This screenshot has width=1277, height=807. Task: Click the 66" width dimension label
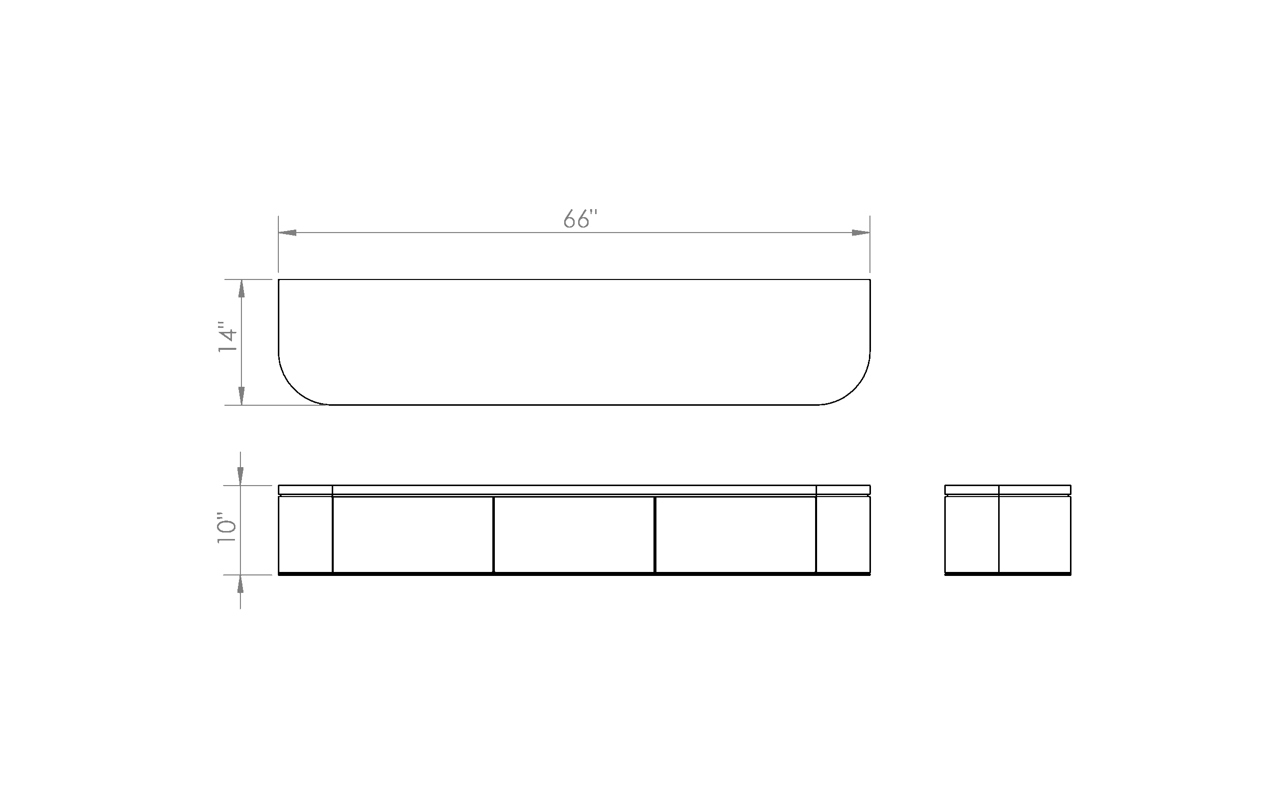[580, 219]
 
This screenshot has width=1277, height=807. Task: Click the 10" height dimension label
[226, 528]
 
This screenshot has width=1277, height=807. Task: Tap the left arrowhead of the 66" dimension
[287, 233]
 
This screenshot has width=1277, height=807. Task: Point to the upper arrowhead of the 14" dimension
[242, 288]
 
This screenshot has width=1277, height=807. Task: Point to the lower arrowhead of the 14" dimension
[242, 396]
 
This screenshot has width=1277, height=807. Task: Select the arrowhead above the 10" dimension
[240, 476]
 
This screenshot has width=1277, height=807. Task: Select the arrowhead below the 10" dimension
[240, 584]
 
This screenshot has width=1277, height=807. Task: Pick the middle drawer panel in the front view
[574, 535]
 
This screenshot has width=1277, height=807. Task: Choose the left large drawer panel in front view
[413, 535]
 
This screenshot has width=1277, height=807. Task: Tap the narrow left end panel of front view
[305, 535]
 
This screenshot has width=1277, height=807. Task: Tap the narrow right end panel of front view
[843, 535]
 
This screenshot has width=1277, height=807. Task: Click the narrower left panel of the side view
[972, 535]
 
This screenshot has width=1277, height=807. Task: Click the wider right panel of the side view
[1035, 535]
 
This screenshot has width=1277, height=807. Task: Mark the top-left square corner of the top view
[279, 279]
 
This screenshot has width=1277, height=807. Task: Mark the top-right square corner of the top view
[870, 279]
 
